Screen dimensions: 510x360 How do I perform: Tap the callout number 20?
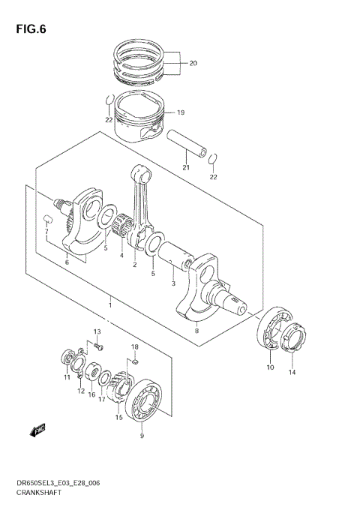point(192,63)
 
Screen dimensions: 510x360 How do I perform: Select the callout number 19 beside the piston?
point(179,112)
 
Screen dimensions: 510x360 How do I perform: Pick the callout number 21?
point(186,167)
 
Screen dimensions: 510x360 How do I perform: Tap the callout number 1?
point(110,304)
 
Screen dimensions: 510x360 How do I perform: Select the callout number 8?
point(196,329)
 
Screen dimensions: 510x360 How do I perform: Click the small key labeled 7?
point(47,219)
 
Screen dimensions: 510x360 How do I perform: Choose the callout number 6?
point(67,262)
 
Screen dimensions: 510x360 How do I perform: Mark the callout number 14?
point(292,369)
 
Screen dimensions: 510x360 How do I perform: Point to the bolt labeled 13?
point(99,346)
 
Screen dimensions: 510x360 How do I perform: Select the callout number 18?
point(135,347)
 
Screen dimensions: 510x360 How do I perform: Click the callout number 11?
point(67,377)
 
